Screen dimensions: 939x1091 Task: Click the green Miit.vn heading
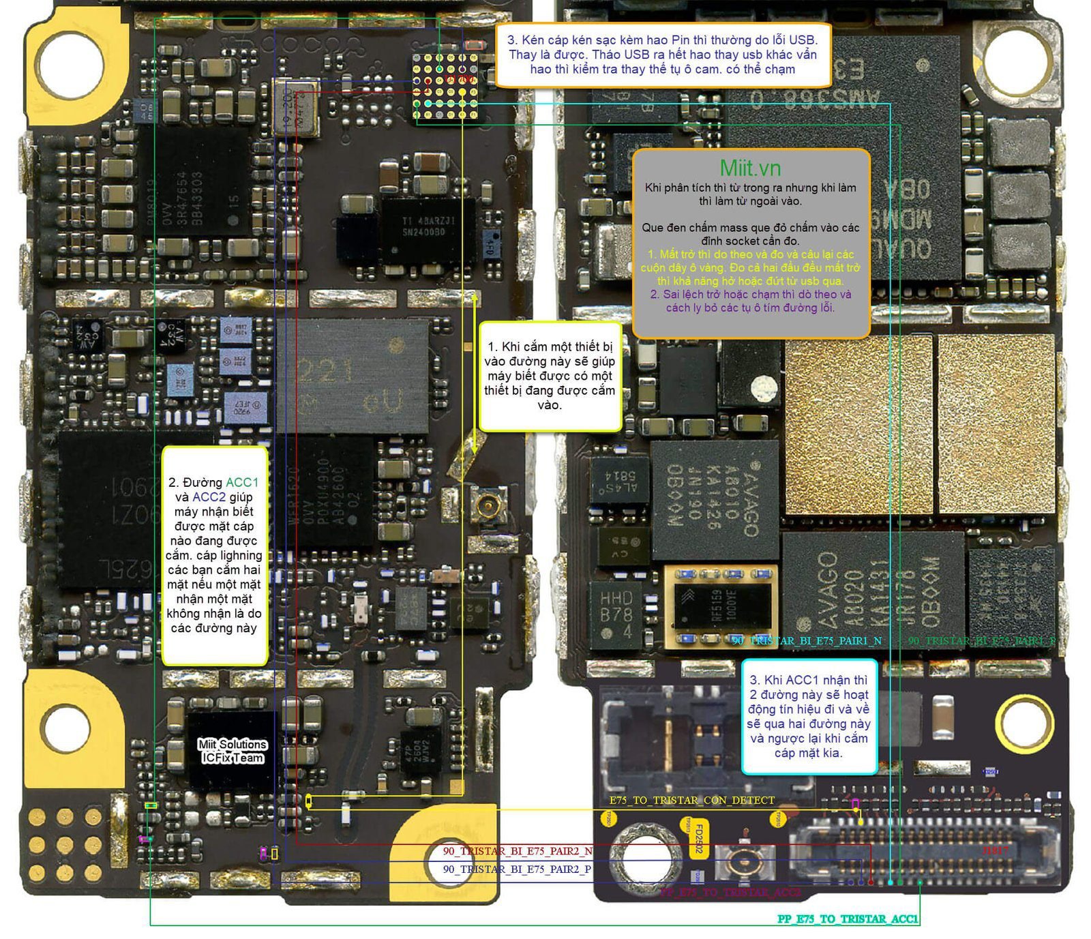pyautogui.click(x=750, y=168)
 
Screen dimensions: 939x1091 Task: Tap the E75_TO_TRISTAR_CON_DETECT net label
pyautogui.click(x=691, y=800)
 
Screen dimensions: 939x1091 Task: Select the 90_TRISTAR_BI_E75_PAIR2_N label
pyautogui.click(x=518, y=851)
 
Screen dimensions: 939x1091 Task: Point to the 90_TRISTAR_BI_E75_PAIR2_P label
pyautogui.click(x=517, y=869)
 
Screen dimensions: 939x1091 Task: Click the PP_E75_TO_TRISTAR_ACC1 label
pyautogui.click(x=848, y=919)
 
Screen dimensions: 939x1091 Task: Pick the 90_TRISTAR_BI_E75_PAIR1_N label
pyautogui.click(x=807, y=641)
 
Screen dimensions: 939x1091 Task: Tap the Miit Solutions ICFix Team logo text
pyautogui.click(x=233, y=751)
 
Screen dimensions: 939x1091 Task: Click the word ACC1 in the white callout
pyautogui.click(x=242, y=483)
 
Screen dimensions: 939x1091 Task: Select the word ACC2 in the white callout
pyautogui.click(x=209, y=497)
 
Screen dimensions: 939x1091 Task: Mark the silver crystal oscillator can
pyautogui.click(x=295, y=108)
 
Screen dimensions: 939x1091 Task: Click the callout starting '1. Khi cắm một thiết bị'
pyautogui.click(x=550, y=376)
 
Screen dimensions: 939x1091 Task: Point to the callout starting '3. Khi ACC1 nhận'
pyautogui.click(x=809, y=716)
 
